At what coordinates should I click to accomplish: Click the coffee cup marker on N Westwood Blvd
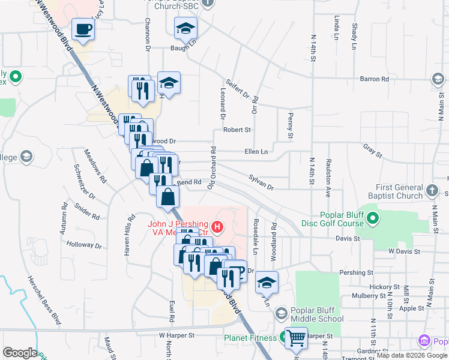(x=83, y=29)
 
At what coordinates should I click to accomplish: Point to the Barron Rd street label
(x=374, y=79)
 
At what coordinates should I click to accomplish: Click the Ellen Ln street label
(x=256, y=152)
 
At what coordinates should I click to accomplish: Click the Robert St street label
(x=237, y=129)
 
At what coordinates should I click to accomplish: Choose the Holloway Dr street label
(x=85, y=245)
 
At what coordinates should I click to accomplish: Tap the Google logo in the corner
(x=20, y=353)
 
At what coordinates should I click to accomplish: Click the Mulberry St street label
(x=369, y=295)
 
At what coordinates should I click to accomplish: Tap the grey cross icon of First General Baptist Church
(x=432, y=191)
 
